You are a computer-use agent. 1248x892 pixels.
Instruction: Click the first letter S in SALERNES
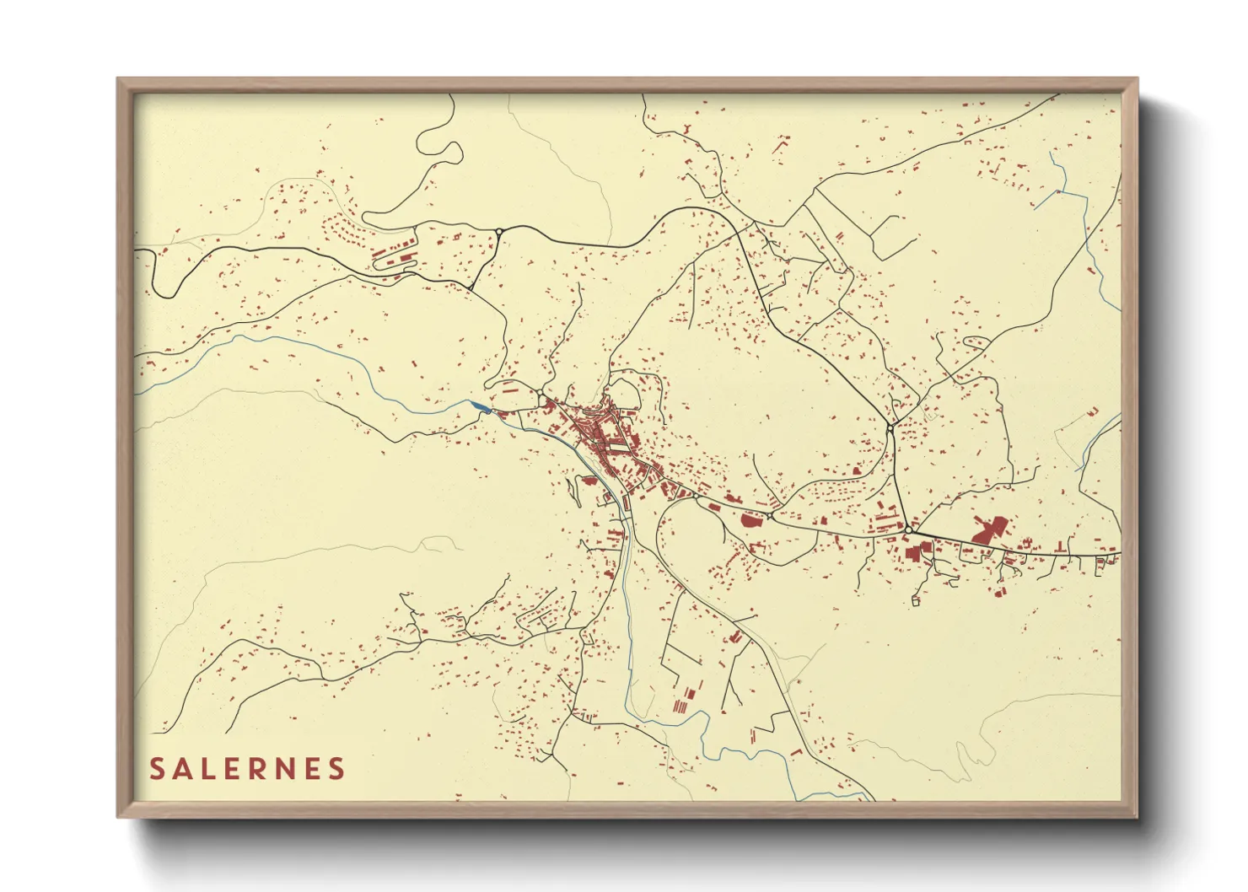(157, 769)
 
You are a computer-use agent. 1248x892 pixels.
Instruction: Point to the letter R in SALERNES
(258, 769)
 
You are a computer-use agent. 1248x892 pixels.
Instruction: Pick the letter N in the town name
(284, 769)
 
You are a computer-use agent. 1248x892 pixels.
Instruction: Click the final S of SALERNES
(336, 769)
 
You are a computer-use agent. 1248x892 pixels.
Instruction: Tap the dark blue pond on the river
(481, 408)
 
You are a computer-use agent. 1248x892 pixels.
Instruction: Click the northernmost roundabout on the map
(499, 231)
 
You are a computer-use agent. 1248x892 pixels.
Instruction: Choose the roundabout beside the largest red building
(909, 529)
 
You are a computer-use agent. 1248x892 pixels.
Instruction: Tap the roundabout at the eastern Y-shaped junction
(890, 428)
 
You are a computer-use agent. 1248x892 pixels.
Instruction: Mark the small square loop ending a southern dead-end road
(915, 601)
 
